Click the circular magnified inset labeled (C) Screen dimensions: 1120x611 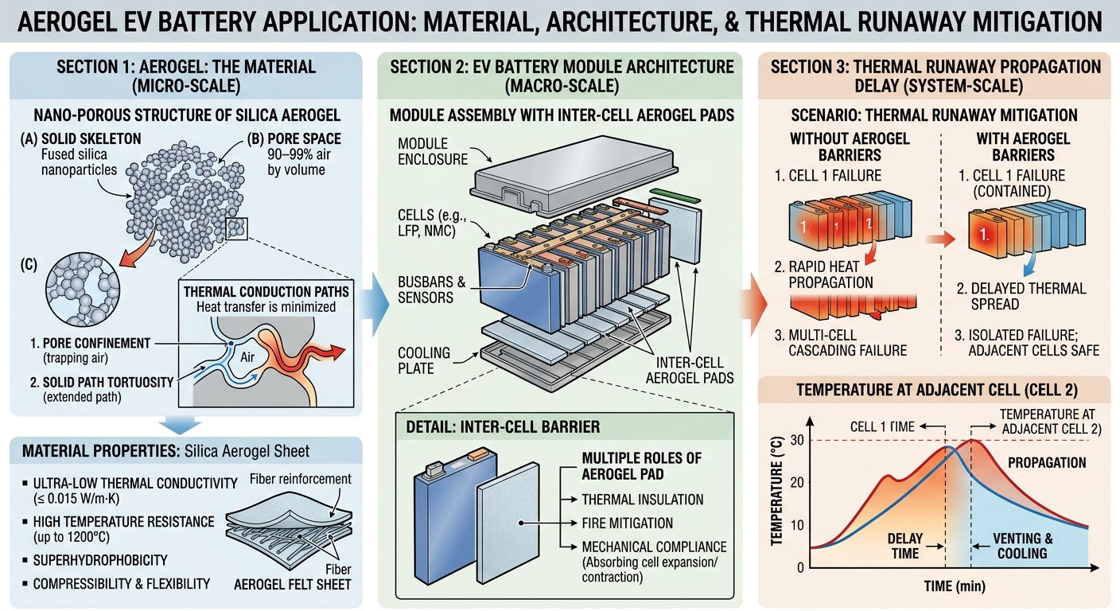tap(83, 290)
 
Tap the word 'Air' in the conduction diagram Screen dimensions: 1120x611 tap(247, 356)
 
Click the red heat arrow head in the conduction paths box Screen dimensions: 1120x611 tap(337, 352)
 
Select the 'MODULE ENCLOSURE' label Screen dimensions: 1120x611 tap(433, 151)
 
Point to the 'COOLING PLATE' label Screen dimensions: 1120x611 tap(417, 360)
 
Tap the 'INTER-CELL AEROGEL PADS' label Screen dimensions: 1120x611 tap(690, 370)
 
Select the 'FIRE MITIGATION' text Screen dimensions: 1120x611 tap(627, 523)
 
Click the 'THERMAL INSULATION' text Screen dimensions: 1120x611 tap(643, 500)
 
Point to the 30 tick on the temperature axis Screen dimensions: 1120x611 tap(797, 440)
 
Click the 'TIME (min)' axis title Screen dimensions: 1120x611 tap(955, 586)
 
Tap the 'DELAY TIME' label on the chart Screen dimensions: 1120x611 tap(905, 546)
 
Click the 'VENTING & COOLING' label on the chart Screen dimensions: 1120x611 tap(1022, 546)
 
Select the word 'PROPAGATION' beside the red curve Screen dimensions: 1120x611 tap(1047, 462)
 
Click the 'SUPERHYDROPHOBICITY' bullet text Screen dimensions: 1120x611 tap(100, 560)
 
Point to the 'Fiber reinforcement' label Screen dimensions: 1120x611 tap(300, 479)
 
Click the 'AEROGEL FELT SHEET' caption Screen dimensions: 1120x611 tap(293, 584)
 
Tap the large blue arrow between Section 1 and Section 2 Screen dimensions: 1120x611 tap(375, 305)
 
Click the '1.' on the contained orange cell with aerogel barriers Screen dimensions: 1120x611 tap(984, 234)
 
